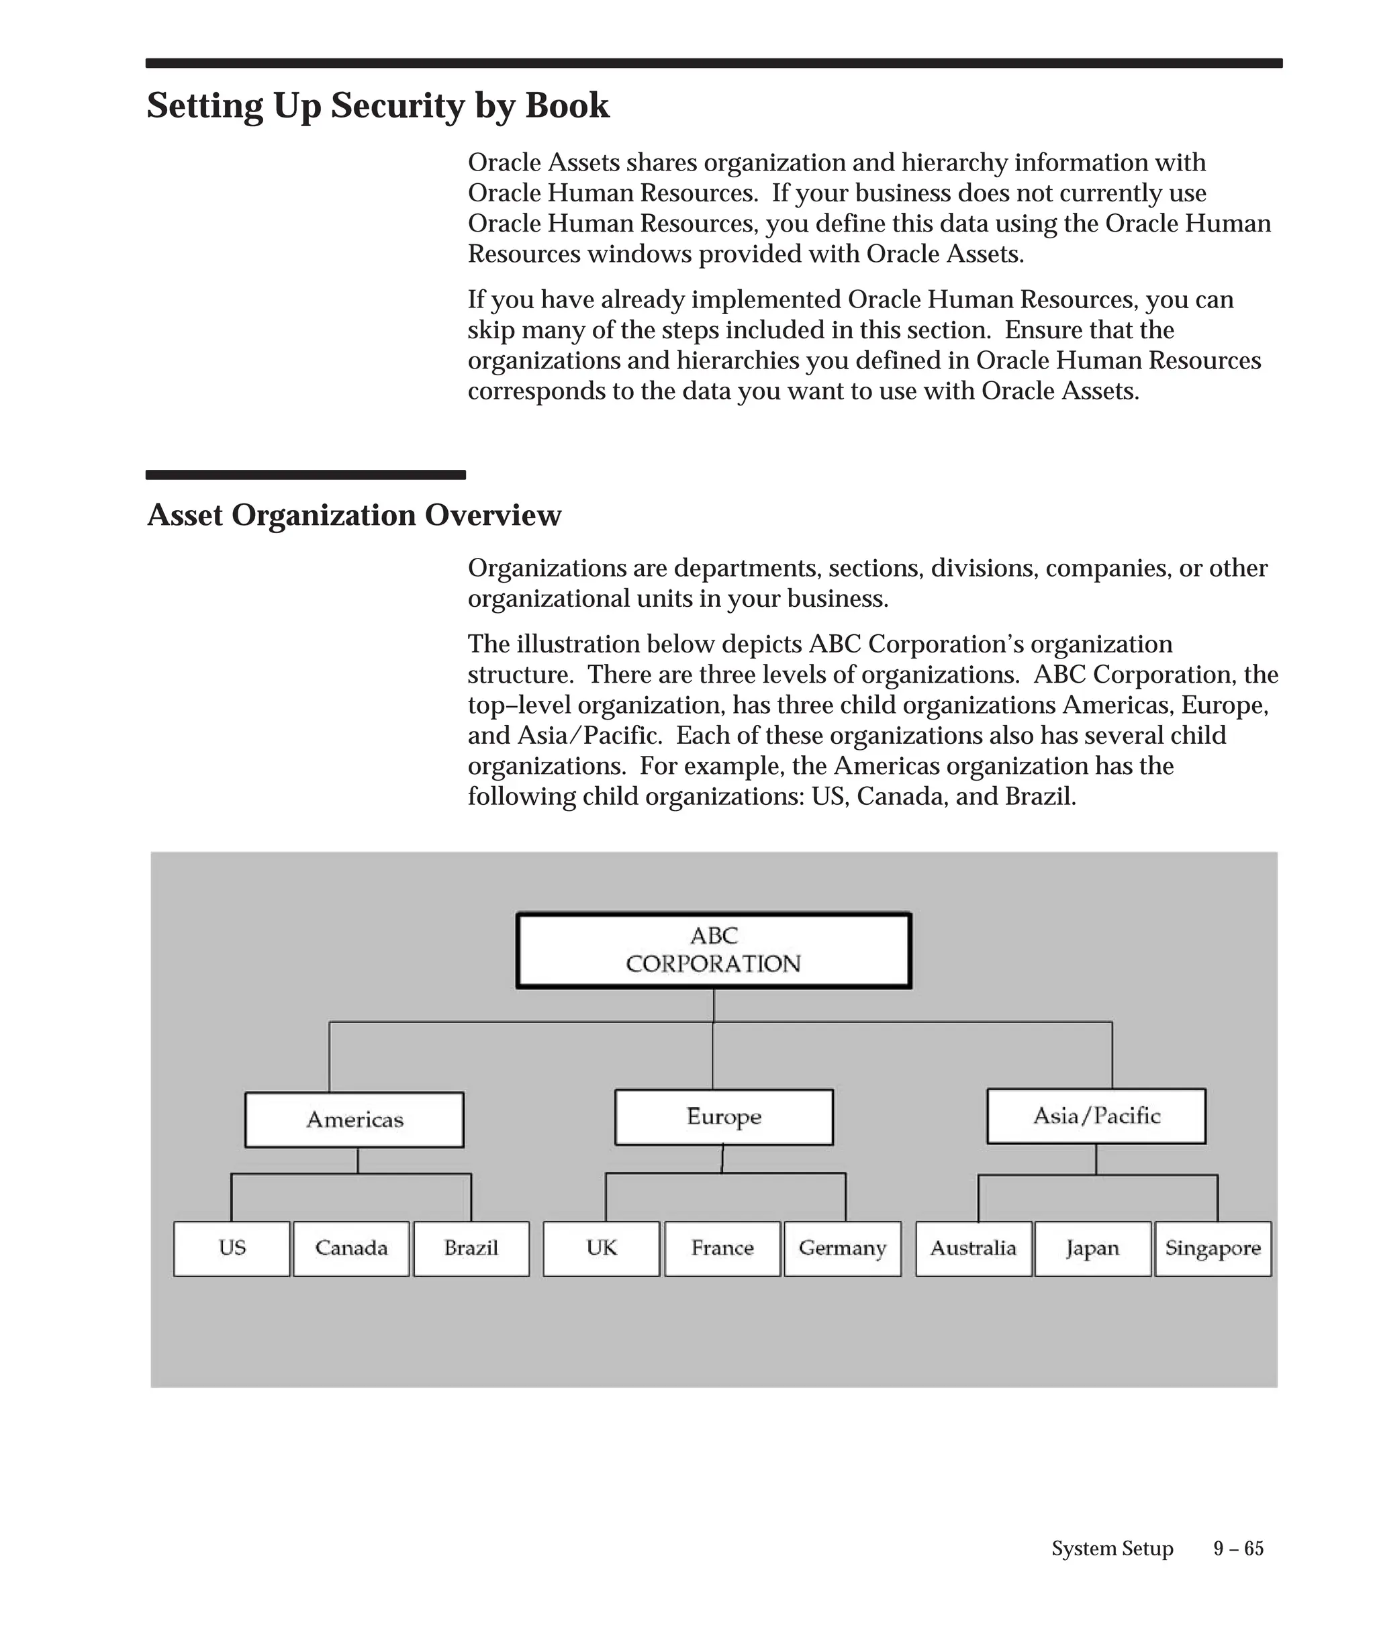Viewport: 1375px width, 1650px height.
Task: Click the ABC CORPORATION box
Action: (714, 950)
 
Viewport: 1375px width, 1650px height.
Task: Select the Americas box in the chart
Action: (354, 1120)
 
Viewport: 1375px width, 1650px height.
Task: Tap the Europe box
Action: (724, 1116)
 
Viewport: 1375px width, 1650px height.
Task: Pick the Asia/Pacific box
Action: (1096, 1116)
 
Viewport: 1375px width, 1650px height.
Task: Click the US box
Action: (232, 1249)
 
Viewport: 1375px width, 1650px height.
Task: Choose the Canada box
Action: (351, 1249)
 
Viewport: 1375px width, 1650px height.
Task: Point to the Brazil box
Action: (471, 1249)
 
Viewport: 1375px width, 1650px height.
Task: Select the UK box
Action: (602, 1249)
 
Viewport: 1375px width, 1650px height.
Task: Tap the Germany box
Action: (843, 1249)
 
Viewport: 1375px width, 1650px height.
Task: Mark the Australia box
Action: (974, 1249)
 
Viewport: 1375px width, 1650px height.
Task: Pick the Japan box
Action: (1093, 1249)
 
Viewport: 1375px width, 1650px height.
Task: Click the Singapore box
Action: (1213, 1249)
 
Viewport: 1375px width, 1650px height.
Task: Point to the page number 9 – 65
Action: (1238, 1549)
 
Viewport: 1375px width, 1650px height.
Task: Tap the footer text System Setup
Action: (1112, 1549)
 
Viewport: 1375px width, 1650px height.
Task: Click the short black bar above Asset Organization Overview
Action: (305, 475)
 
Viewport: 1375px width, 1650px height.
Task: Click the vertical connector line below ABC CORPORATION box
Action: (714, 1005)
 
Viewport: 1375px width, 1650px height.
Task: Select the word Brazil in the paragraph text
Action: (1039, 797)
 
